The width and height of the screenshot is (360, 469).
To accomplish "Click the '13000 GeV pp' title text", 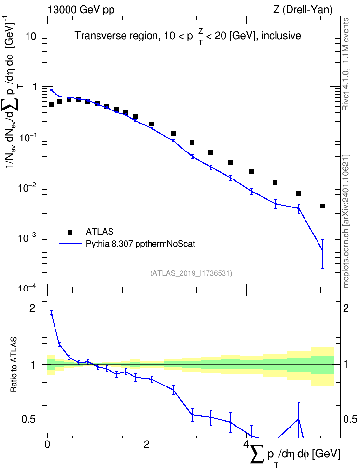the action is pos(81,10).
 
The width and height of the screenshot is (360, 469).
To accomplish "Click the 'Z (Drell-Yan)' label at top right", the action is pos(303,10).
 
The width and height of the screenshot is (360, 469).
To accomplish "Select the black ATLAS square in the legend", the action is pos(70,232).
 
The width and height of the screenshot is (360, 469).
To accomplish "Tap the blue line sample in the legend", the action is pos(70,244).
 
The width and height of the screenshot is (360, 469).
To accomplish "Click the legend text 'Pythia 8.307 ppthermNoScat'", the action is pos(140,244).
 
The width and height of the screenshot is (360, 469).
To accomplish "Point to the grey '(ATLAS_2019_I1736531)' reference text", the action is pos(191,273).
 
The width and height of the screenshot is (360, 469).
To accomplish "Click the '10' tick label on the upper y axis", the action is pos(31,37).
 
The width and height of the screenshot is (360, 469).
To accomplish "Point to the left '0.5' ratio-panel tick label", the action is pos(29,420).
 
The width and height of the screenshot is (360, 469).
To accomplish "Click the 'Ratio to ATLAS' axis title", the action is pos(14,365).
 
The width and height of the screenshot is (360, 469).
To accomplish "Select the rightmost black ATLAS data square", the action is pos(322,206).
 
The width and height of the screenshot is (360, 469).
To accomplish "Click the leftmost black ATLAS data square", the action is pos(51,104).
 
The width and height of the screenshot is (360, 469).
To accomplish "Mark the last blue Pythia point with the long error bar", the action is pos(322,249).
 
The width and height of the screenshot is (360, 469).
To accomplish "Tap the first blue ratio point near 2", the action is pos(51,314).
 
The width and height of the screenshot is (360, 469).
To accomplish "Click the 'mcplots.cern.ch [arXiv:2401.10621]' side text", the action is pos(346,221).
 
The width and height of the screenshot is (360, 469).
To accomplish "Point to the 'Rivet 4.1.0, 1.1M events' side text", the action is pos(346,64).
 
